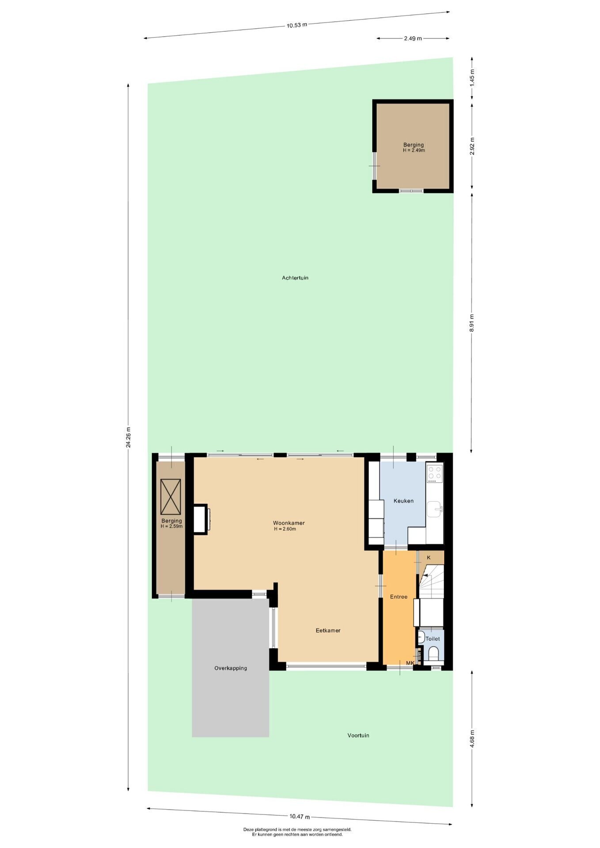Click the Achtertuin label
295,278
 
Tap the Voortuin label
358,735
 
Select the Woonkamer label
289,523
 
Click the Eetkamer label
328,630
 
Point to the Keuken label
404,501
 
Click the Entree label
399,597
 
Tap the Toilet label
433,639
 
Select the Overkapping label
231,668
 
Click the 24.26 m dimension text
128,438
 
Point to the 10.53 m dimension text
297,25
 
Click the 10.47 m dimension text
300,817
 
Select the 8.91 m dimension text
472,323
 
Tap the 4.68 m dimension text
472,738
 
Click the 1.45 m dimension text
472,78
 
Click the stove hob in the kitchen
435,473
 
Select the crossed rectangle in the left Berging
171,497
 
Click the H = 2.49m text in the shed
414,150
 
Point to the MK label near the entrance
410,663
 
